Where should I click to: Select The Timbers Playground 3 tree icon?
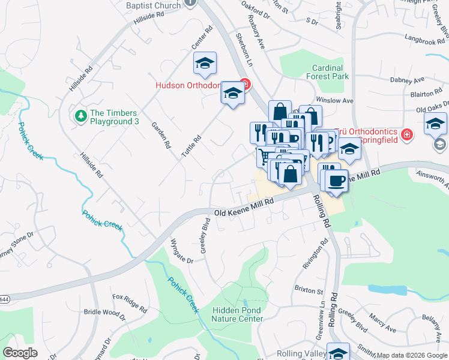point(80,115)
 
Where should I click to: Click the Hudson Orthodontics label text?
point(188,85)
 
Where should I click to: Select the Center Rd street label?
point(202,38)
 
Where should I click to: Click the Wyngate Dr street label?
point(182,251)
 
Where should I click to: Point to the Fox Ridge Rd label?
point(130,304)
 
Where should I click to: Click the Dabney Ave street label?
point(407,80)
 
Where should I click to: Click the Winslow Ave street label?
point(335,101)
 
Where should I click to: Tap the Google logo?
point(20,353)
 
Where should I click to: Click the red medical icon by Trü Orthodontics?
point(407,134)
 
